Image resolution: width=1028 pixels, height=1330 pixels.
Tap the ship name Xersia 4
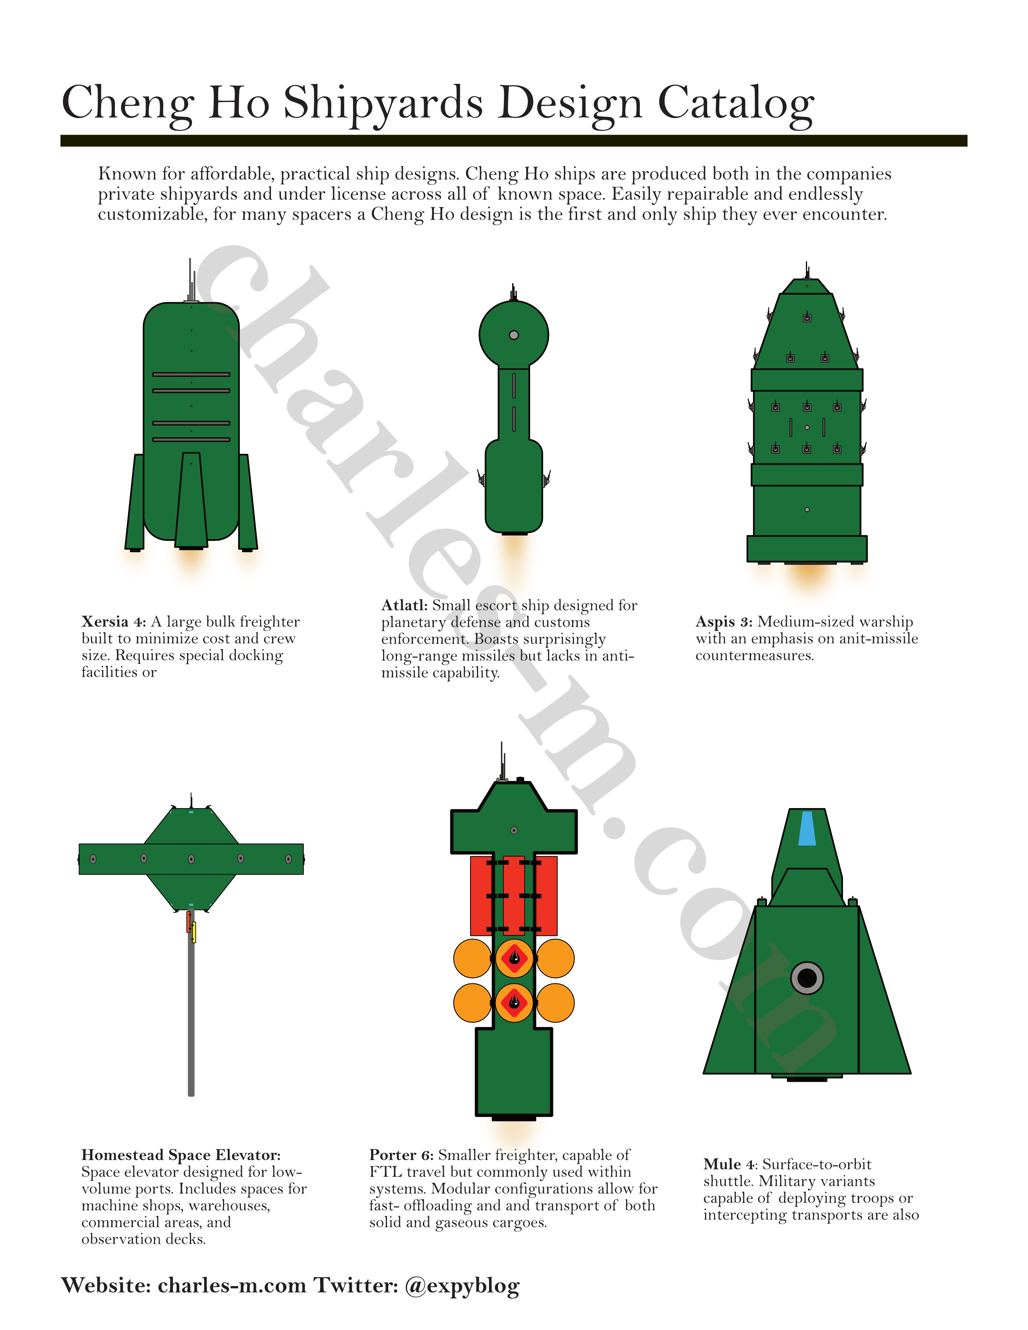coord(114,622)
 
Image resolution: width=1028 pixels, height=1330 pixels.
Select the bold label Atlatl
coord(404,605)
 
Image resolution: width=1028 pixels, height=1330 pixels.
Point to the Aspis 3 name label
coord(724,622)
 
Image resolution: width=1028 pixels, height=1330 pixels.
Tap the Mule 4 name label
coord(731,1164)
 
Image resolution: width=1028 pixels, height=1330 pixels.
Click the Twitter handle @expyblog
coord(462,1286)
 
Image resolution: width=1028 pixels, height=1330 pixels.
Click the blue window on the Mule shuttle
coord(807,828)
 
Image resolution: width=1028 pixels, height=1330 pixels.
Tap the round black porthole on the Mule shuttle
coord(807,979)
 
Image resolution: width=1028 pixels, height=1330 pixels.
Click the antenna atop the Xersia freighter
coord(191,281)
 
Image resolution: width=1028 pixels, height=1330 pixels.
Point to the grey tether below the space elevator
coord(191,1011)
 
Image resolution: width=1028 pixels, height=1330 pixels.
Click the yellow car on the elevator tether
coord(194,932)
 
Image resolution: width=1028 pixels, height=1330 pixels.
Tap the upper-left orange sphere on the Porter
coord(472,958)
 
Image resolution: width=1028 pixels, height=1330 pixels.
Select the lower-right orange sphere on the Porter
coord(555,1002)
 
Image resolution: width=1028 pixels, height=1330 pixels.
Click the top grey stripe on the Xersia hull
coord(191,374)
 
